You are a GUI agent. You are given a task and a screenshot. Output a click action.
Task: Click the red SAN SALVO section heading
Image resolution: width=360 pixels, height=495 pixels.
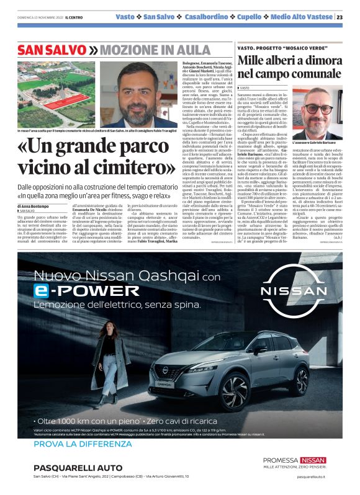click(x=52, y=50)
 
